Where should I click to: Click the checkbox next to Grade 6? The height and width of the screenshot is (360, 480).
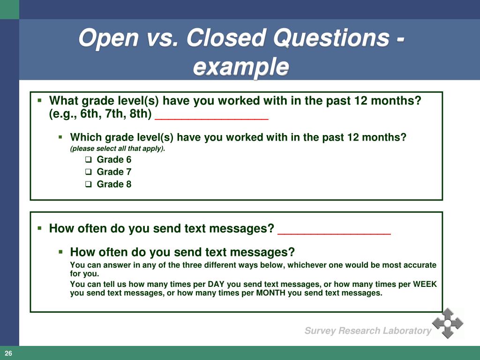pos(88,160)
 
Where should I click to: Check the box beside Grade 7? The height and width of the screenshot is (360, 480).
pos(88,172)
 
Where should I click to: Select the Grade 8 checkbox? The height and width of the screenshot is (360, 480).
pos(88,184)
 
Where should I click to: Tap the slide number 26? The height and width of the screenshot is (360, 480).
pos(8,353)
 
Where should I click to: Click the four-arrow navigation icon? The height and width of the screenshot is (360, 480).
pos(447,323)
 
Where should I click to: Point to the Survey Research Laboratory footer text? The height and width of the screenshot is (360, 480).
pos(367,331)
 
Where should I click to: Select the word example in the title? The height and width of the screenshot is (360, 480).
pos(240,67)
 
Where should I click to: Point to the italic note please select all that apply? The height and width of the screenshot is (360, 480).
pos(118,149)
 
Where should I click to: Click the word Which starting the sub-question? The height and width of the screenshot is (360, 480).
pos(86,137)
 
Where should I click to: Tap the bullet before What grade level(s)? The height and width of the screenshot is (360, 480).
pos(40,100)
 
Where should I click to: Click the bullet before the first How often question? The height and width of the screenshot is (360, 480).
pos(40,228)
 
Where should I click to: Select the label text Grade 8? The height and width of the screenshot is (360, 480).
pos(114,184)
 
